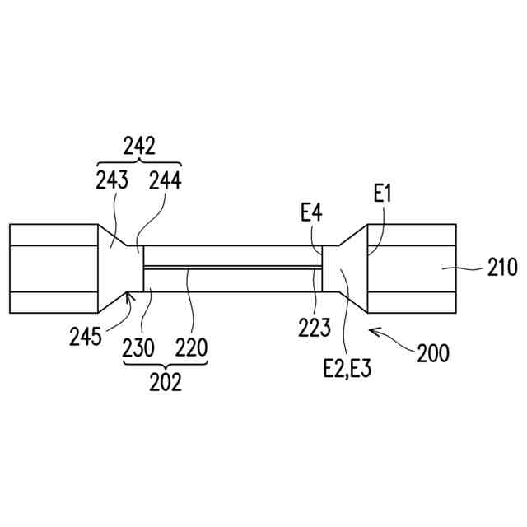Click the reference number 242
point(139,146)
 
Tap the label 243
point(112,180)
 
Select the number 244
point(166,180)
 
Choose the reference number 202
point(165,383)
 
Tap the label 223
point(314,328)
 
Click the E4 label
point(311,214)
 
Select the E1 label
point(382,194)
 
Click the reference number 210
point(501,268)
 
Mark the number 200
point(432,354)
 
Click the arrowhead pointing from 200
point(372,330)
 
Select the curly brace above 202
point(165,365)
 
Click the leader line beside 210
point(469,268)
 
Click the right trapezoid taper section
point(345,268)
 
